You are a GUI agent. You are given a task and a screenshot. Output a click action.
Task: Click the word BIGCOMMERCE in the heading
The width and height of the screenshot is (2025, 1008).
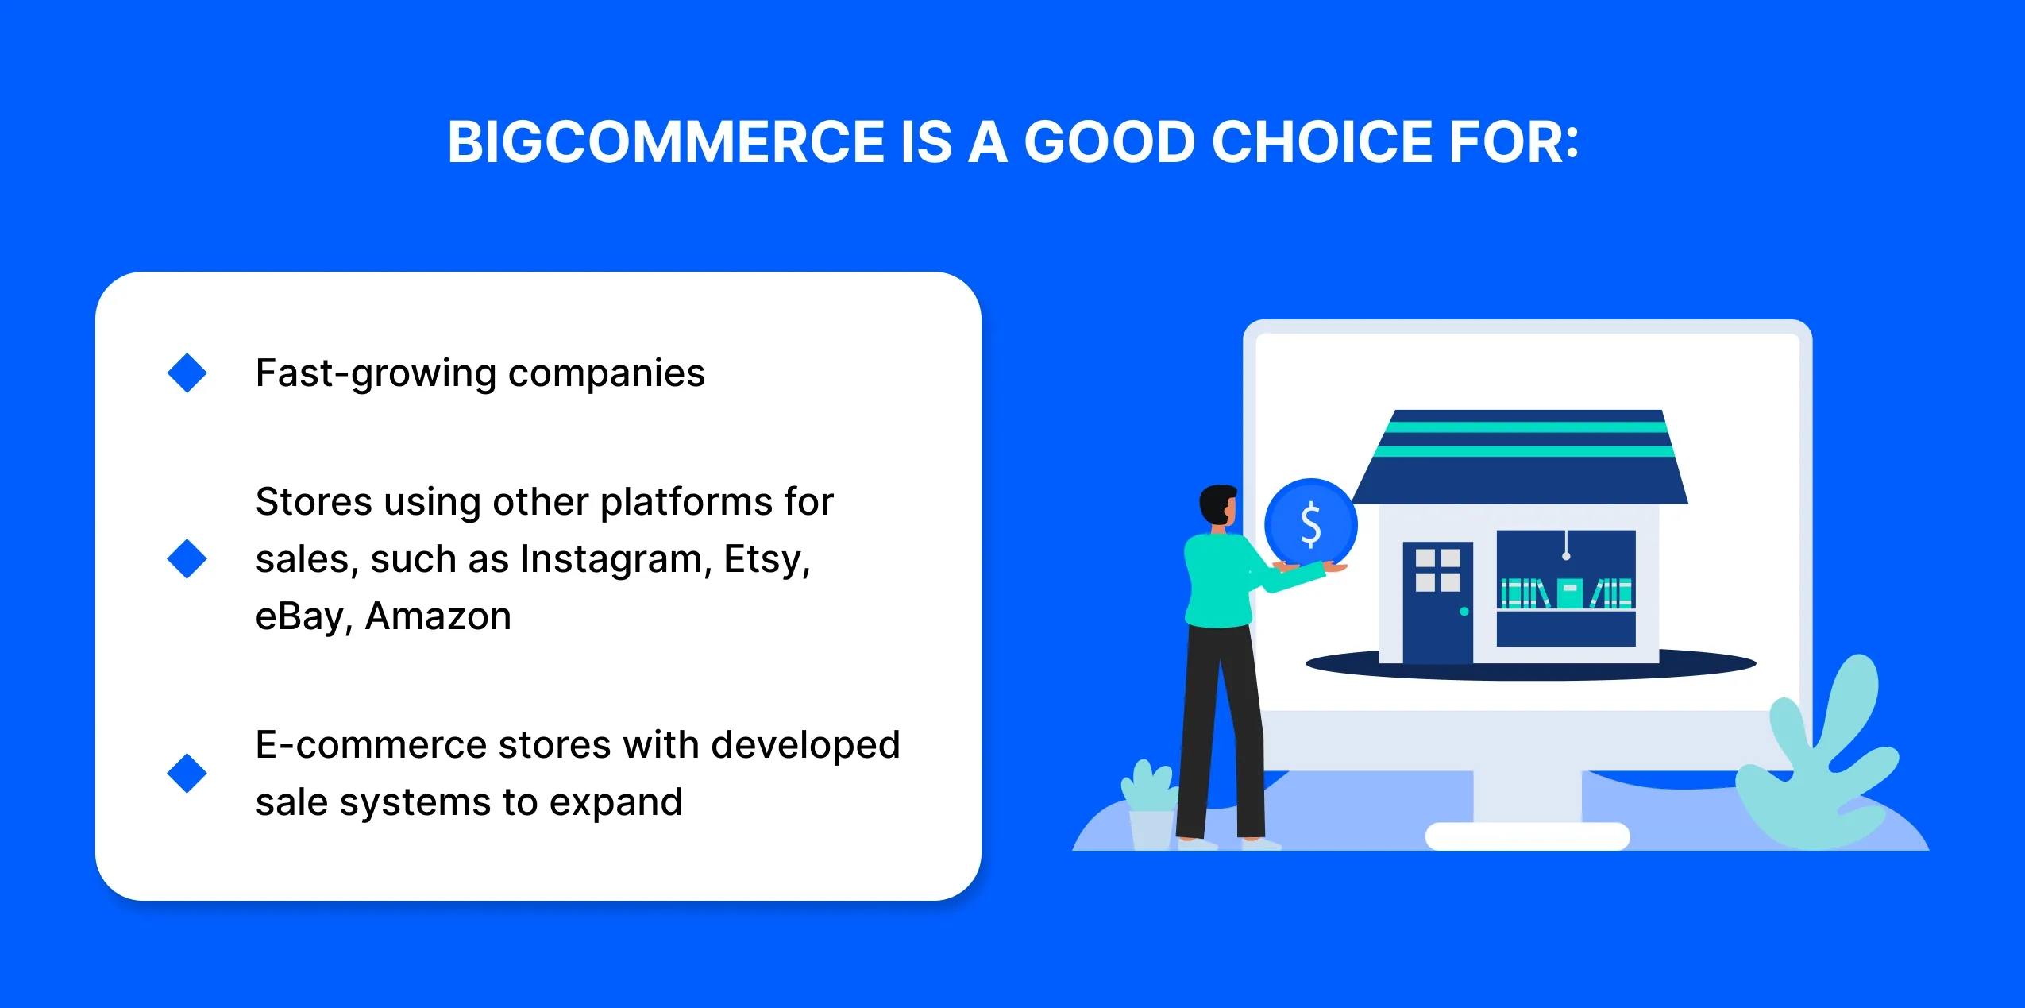665,142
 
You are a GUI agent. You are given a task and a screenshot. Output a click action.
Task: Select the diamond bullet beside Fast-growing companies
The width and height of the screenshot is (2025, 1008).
187,373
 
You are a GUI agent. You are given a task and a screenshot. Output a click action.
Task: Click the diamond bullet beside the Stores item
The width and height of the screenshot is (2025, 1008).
187,558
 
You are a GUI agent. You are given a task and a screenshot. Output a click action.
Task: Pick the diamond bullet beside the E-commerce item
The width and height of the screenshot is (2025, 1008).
187,773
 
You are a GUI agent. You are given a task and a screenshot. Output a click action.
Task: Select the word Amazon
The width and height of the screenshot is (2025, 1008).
438,616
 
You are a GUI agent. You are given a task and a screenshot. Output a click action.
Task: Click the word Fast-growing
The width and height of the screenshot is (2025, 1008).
376,373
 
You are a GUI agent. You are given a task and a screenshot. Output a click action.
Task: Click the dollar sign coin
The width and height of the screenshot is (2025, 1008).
1310,524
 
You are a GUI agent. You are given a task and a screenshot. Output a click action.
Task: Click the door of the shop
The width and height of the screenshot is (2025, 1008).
1437,602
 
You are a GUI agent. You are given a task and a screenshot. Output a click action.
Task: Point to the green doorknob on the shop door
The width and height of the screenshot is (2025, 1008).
1464,612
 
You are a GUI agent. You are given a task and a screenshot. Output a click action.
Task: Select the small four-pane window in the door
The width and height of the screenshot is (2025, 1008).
1437,570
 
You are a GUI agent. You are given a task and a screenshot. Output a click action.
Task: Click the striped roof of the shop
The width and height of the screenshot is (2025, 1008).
1521,457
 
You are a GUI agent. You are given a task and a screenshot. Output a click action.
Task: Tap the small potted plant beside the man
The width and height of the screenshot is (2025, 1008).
1149,804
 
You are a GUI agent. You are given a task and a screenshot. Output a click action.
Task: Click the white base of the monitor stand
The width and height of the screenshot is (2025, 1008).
1527,836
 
